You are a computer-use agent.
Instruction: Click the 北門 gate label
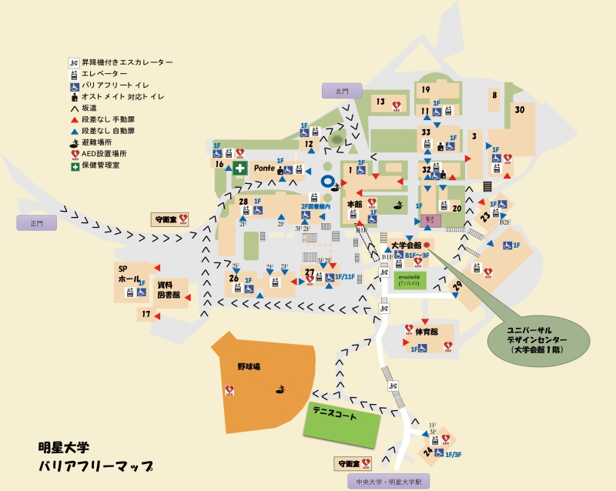[x=341, y=91]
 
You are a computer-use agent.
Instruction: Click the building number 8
[x=494, y=95]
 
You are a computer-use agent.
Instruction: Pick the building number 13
[x=380, y=102]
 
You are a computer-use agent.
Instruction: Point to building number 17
[x=146, y=314]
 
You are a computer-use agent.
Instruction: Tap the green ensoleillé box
[x=408, y=280]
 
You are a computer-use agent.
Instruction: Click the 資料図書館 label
[x=169, y=289]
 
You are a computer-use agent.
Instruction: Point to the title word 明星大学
[x=64, y=447]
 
